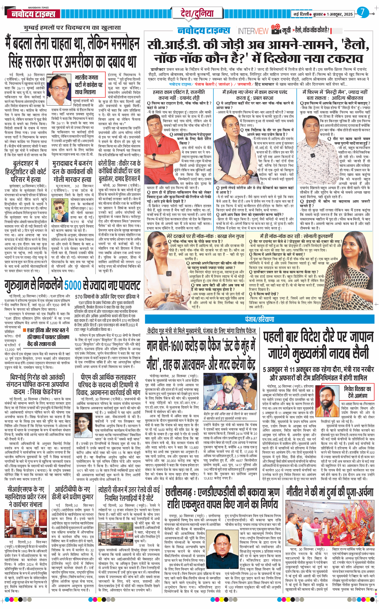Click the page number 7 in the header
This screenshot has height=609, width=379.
[362, 12]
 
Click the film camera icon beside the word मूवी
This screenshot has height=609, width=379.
[276, 29]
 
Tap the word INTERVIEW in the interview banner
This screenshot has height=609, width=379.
[253, 31]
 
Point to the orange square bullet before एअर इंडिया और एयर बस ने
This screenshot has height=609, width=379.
[24, 330]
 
